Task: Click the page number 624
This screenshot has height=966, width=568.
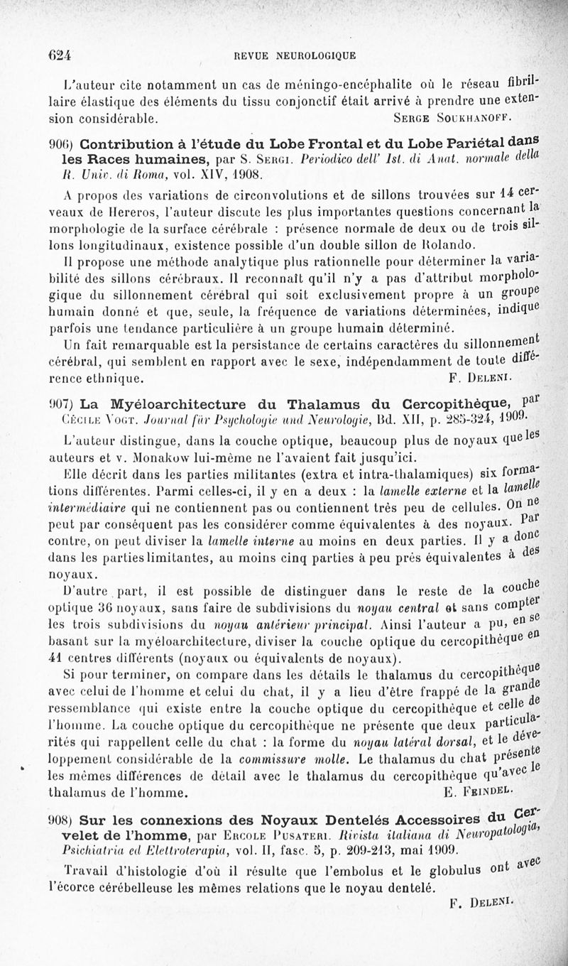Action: [x=62, y=54]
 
